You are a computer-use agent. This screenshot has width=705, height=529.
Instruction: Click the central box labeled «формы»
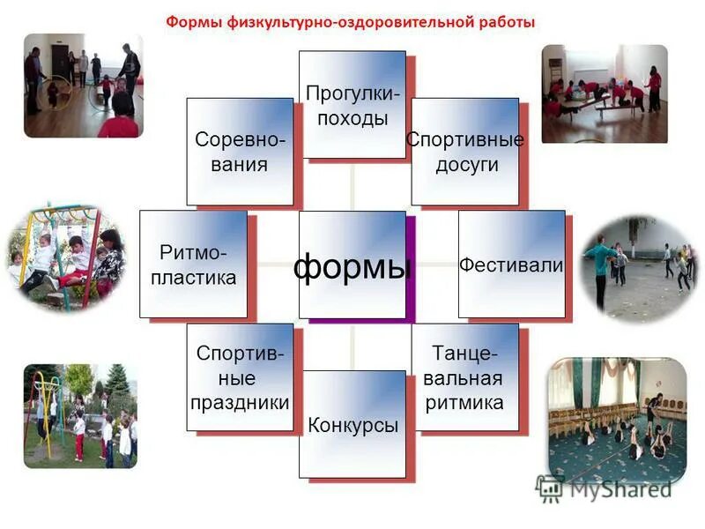pyautogui.click(x=352, y=264)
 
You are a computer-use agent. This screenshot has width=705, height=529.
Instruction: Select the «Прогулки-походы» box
pyautogui.click(x=352, y=104)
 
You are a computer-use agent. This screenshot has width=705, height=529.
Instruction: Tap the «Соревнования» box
pyautogui.click(x=239, y=151)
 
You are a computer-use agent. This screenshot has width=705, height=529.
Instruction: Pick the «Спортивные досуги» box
pyautogui.click(x=465, y=151)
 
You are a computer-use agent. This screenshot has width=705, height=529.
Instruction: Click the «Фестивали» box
pyautogui.click(x=512, y=264)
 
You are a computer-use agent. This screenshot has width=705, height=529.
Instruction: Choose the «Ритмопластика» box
pyautogui.click(x=194, y=264)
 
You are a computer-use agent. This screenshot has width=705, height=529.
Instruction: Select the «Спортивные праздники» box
pyautogui.click(x=239, y=377)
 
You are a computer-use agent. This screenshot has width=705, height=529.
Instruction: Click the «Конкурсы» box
pyautogui.click(x=352, y=424)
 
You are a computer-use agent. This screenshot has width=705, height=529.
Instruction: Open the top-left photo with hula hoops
pyautogui.click(x=82, y=86)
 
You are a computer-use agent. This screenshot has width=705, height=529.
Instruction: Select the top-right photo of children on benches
pyautogui.click(x=604, y=93)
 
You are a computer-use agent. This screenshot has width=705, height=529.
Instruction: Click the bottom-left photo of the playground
pyautogui.click(x=80, y=415)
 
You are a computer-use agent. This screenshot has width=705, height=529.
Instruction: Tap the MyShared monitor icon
pyautogui.click(x=549, y=488)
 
